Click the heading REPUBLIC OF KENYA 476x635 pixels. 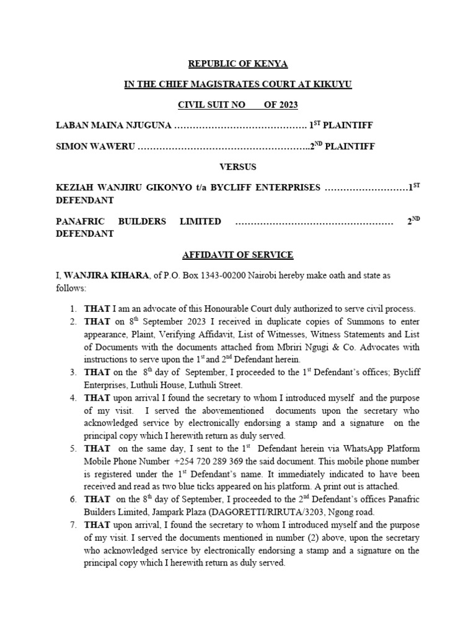click(x=238, y=64)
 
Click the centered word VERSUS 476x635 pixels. click(x=238, y=167)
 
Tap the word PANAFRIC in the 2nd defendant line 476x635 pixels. click(x=78, y=221)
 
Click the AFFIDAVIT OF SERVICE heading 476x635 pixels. click(x=238, y=255)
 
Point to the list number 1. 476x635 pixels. click(x=73, y=308)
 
